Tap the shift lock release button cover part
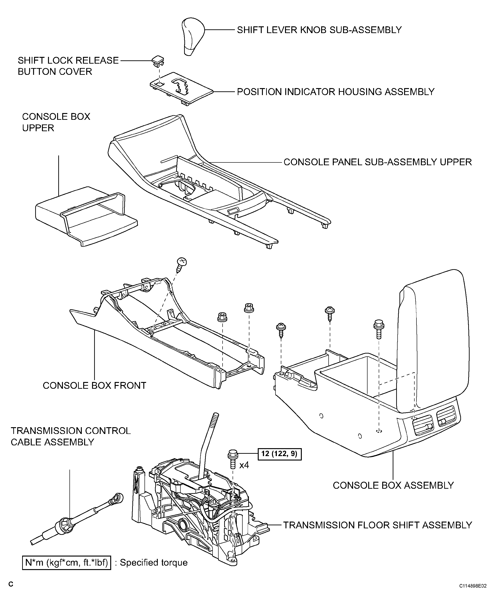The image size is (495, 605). click(158, 60)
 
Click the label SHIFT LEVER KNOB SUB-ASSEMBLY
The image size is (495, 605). click(319, 30)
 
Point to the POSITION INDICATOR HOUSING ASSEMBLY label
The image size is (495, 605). click(336, 92)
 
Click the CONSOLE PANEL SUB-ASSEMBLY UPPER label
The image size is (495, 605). click(378, 162)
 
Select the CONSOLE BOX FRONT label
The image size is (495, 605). click(94, 385)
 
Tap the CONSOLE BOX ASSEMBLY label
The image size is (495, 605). click(393, 485)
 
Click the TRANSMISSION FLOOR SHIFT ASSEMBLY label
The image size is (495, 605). click(378, 525)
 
